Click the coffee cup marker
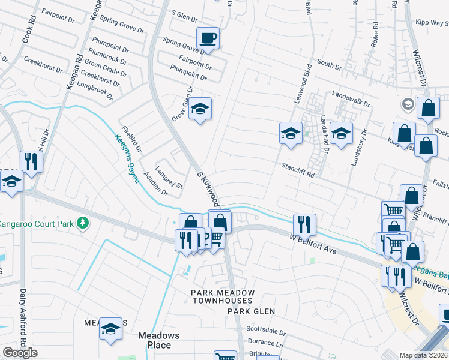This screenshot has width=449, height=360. (x=208, y=38)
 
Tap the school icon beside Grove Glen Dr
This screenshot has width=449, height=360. (x=200, y=109)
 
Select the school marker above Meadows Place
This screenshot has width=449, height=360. (x=110, y=329)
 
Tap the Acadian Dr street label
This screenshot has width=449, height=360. (x=156, y=184)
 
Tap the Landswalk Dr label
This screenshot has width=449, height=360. (x=351, y=99)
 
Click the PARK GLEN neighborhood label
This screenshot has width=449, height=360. (x=251, y=311)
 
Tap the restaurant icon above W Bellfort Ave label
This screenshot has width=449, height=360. (x=304, y=224)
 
